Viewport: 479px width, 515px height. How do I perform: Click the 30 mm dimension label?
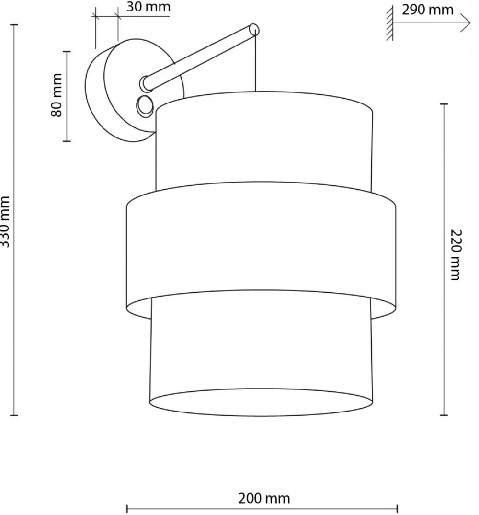[148, 7]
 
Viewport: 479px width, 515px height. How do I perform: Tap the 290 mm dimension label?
[427, 10]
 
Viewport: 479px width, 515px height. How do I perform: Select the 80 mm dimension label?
[57, 95]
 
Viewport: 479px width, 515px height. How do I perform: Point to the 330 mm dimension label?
[5, 221]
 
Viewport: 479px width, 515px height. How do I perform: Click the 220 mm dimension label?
[456, 255]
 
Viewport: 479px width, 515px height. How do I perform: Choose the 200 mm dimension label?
[264, 498]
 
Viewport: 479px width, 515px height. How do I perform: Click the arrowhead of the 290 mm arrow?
[466, 23]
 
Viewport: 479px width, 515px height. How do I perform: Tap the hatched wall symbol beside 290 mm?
[390, 23]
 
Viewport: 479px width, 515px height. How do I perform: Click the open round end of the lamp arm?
[254, 29]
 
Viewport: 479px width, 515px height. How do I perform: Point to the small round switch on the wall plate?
[145, 106]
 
